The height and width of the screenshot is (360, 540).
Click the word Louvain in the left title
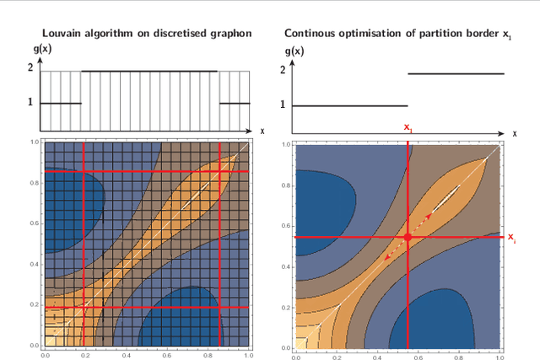coord(62,33)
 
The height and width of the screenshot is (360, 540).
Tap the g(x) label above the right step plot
coord(294,51)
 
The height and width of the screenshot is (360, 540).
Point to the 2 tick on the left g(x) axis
coord(30,72)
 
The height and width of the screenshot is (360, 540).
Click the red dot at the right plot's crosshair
coord(408,238)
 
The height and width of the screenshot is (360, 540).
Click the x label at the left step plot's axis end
coord(262,131)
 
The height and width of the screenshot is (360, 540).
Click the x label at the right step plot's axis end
coord(515,133)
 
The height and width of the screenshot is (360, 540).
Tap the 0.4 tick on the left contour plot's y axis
coord(35,265)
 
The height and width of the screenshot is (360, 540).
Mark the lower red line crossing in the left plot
coord(83,307)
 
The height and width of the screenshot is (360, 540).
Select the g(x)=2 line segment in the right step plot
coord(456,73)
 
